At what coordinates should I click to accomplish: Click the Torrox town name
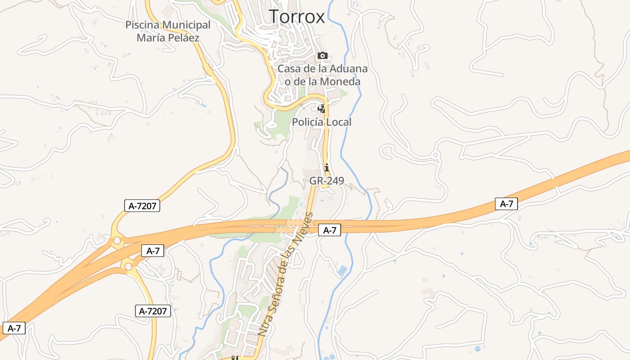[297, 17]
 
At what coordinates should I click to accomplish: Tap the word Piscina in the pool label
[143, 25]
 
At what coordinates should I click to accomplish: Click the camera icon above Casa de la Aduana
[322, 56]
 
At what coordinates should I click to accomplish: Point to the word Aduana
[349, 69]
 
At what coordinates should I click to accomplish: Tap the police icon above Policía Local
[322, 109]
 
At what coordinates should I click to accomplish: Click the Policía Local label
[322, 122]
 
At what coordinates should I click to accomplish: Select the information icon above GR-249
[327, 168]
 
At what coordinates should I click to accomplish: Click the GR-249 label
[327, 181]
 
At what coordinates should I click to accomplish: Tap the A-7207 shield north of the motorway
[142, 206]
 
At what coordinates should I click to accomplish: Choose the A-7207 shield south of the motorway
[153, 311]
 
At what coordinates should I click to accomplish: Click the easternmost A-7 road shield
[507, 204]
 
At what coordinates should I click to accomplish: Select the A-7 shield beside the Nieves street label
[330, 230]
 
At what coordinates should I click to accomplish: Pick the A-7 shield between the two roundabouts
[153, 251]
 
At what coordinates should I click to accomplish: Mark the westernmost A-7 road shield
[14, 328]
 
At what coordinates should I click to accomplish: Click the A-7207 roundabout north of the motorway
[117, 241]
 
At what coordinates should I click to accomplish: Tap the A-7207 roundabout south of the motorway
[129, 267]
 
